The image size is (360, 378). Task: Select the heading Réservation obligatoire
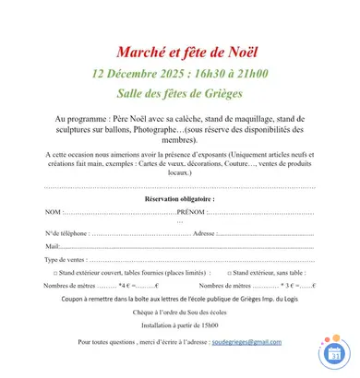point(180,198)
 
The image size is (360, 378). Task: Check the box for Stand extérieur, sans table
point(227,273)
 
